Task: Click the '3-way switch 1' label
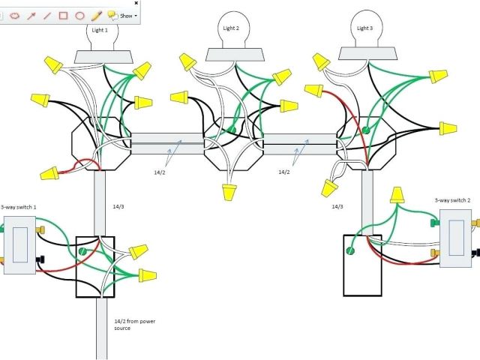18,206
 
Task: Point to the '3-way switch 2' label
452,200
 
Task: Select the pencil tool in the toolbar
96,15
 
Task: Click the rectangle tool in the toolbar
63,15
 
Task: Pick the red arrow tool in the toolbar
30,15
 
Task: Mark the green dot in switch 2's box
349,242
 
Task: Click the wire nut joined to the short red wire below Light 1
50,174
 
